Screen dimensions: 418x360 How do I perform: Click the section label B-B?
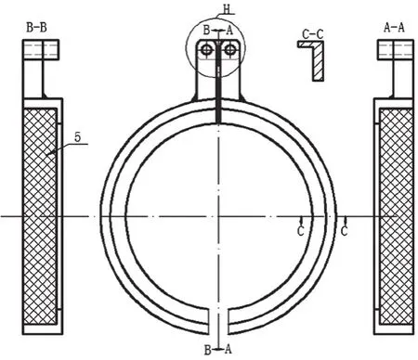[36, 28]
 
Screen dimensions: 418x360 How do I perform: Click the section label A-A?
[394, 28]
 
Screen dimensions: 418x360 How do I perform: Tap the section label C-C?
[313, 34]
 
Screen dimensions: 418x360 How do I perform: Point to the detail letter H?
[227, 9]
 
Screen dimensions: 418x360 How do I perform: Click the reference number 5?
[77, 137]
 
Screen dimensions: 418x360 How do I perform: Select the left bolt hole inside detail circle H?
[206, 49]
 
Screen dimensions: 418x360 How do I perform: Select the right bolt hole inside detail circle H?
[230, 49]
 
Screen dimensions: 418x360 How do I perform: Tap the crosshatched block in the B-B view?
[40, 216]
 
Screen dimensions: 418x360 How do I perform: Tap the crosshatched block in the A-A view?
[397, 216]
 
